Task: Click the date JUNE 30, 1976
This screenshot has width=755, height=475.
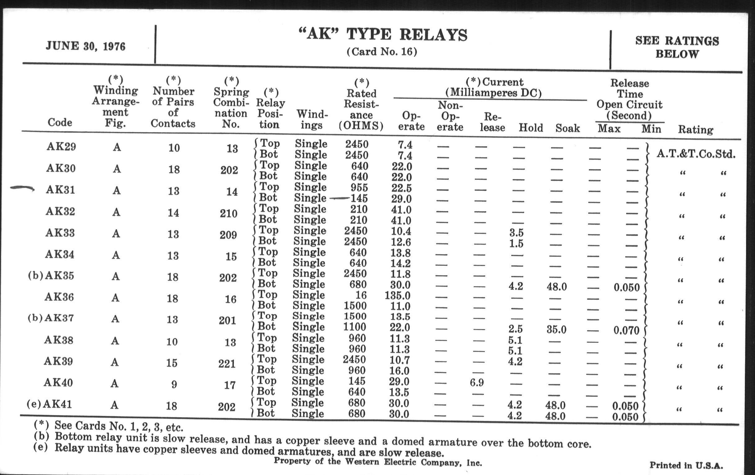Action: pyautogui.click(x=86, y=46)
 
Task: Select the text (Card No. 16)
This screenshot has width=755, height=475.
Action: pyautogui.click(x=382, y=52)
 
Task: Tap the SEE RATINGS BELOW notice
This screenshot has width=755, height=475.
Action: pyautogui.click(x=677, y=47)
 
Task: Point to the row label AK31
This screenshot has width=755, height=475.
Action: pyautogui.click(x=61, y=190)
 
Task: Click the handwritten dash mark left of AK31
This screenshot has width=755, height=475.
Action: pyautogui.click(x=22, y=188)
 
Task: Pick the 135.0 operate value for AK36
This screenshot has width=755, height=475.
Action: pyautogui.click(x=397, y=295)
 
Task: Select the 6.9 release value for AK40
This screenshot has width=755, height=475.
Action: pyautogui.click(x=477, y=382)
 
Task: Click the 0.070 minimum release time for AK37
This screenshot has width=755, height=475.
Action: pyautogui.click(x=626, y=330)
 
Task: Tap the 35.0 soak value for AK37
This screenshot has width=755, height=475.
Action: pyautogui.click(x=556, y=329)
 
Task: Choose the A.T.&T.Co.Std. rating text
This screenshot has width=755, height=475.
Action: pyautogui.click(x=696, y=154)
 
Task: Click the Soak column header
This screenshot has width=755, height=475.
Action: pyautogui.click(x=567, y=128)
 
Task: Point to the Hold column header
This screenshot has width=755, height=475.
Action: pyautogui.click(x=531, y=128)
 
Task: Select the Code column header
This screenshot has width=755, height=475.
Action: pyautogui.click(x=60, y=122)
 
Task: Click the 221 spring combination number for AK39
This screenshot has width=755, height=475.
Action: pyautogui.click(x=227, y=363)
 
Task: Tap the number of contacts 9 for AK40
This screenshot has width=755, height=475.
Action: pyautogui.click(x=174, y=384)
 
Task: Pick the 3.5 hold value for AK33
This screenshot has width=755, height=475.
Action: pyautogui.click(x=516, y=233)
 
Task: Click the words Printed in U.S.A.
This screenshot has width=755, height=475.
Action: pyautogui.click(x=686, y=465)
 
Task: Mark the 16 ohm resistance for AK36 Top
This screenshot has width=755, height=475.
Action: pyautogui.click(x=361, y=295)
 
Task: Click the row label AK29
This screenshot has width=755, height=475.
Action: pyautogui.click(x=61, y=147)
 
